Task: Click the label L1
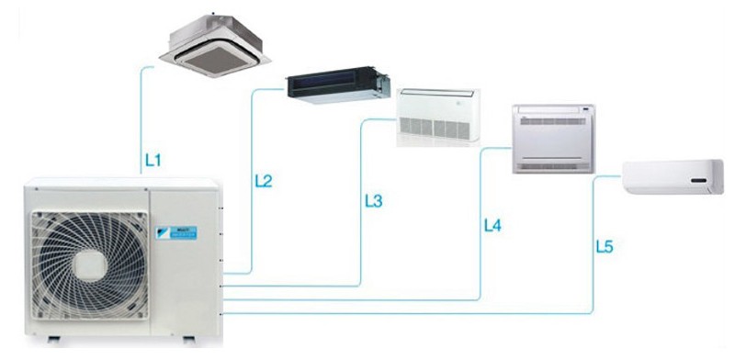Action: [153, 161]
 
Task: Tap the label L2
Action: [263, 181]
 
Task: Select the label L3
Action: [373, 200]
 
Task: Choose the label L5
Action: [604, 245]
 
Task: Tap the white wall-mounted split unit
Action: [673, 176]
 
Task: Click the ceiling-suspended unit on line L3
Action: [437, 115]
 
